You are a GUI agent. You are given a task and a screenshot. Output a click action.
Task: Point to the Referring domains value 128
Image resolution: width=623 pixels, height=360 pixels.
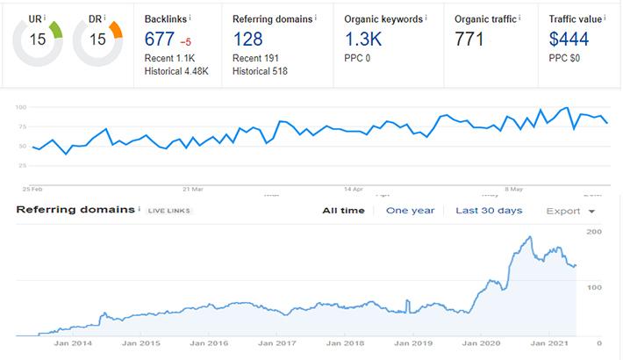pos(248,39)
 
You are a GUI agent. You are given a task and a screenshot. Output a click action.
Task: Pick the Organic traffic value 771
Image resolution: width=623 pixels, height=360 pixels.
pos(471,39)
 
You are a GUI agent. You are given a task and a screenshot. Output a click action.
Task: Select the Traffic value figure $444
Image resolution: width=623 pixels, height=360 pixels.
pos(569,39)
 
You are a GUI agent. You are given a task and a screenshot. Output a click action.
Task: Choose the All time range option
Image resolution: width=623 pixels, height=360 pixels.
pos(342,211)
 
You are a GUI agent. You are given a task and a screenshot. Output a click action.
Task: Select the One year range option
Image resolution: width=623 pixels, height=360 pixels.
pos(411,211)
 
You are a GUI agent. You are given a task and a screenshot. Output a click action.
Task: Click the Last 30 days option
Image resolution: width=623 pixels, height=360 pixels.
pos(489,211)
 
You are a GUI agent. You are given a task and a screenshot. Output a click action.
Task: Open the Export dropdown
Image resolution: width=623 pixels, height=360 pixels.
pos(571,211)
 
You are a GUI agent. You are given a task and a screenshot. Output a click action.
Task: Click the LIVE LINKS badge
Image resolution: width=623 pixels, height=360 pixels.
pos(169,212)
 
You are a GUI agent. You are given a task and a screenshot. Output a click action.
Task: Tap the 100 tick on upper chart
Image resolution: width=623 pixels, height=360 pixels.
pos(22,107)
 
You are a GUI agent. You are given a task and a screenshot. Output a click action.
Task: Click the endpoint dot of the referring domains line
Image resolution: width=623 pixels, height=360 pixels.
pos(575,266)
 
